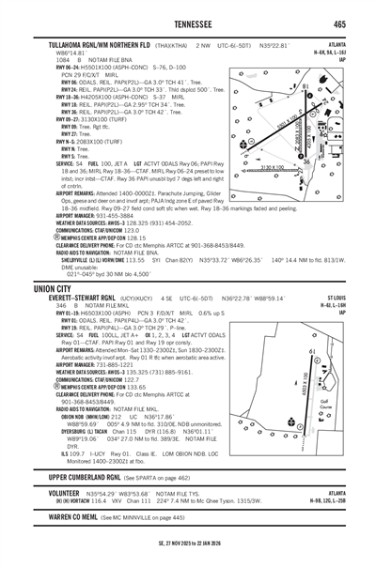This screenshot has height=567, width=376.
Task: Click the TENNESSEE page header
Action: (x=187, y=24)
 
